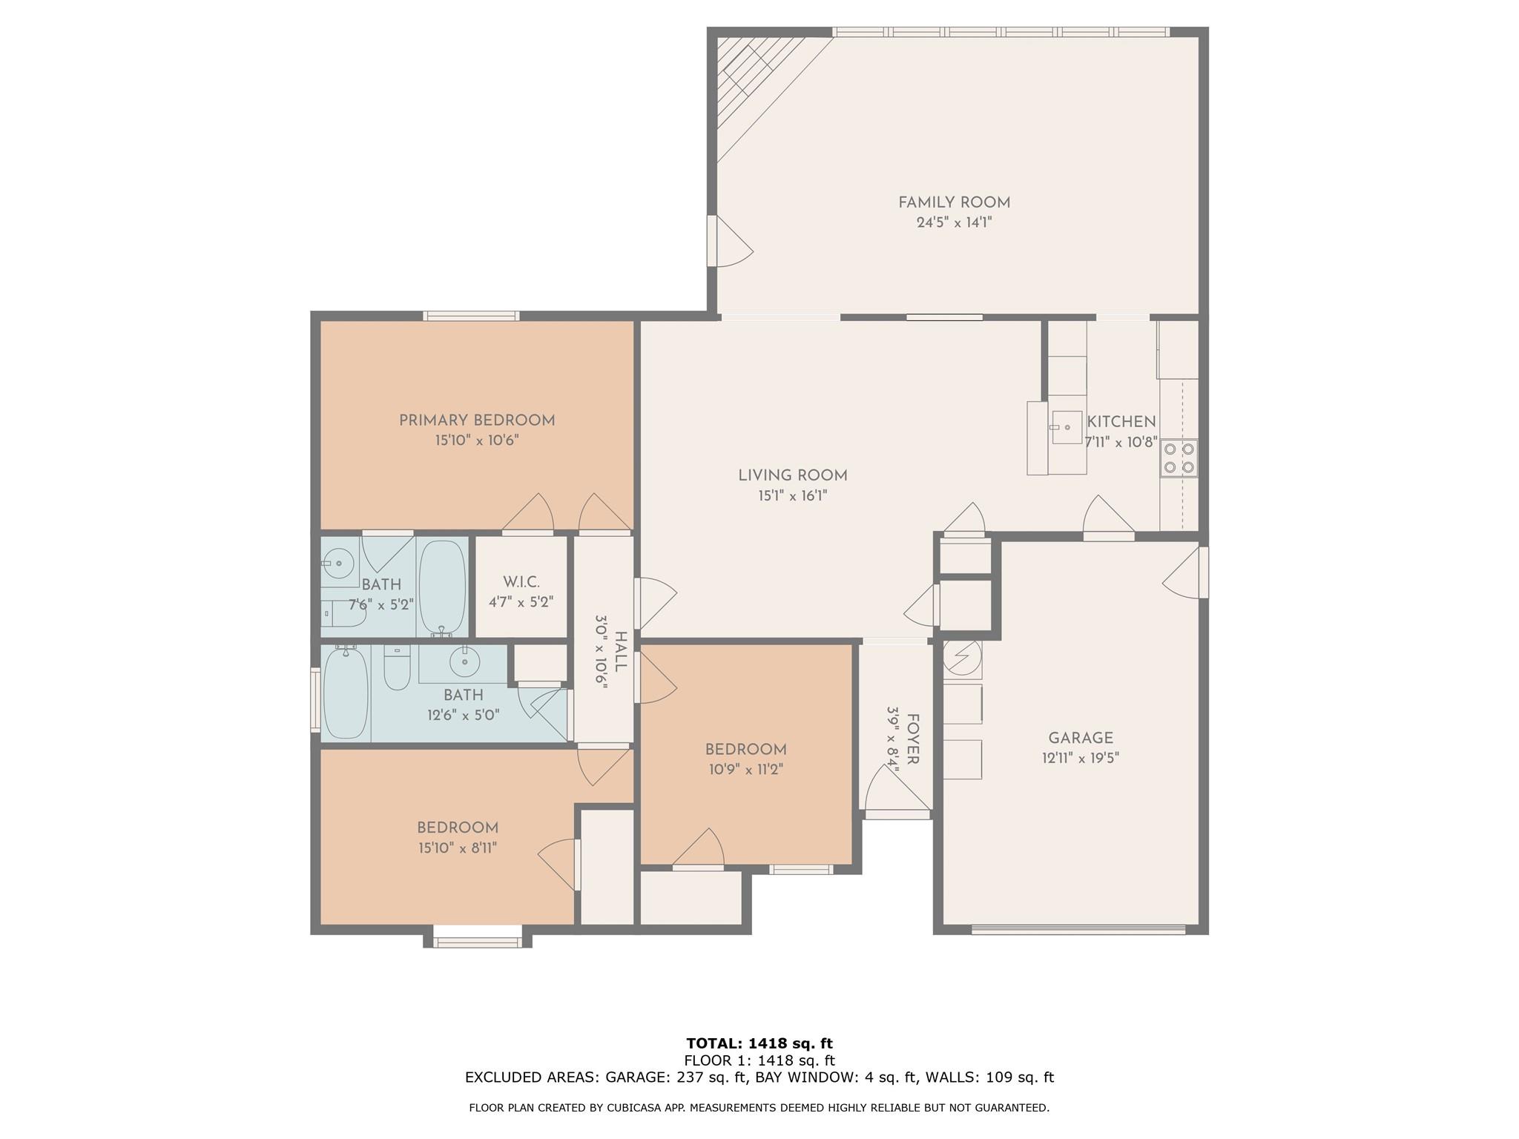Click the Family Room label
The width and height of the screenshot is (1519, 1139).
(954, 202)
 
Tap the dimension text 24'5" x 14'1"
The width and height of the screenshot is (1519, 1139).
(954, 222)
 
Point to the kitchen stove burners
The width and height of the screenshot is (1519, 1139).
(1179, 458)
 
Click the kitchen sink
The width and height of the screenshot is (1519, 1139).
(1066, 428)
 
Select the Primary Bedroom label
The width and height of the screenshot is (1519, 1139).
(477, 420)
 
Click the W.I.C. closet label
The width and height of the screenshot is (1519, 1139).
(521, 582)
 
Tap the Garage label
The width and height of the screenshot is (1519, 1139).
(1081, 738)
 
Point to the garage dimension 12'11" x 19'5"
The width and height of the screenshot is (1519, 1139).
(1081, 758)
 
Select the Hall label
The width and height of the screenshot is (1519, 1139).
(621, 652)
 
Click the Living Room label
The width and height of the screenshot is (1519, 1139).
(793, 475)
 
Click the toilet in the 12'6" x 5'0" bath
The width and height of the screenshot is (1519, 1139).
(398, 667)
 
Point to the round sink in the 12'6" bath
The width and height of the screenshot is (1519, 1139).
(465, 661)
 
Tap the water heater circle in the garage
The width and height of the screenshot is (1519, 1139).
(963, 657)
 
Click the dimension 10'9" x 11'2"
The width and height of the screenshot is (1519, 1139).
(745, 770)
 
